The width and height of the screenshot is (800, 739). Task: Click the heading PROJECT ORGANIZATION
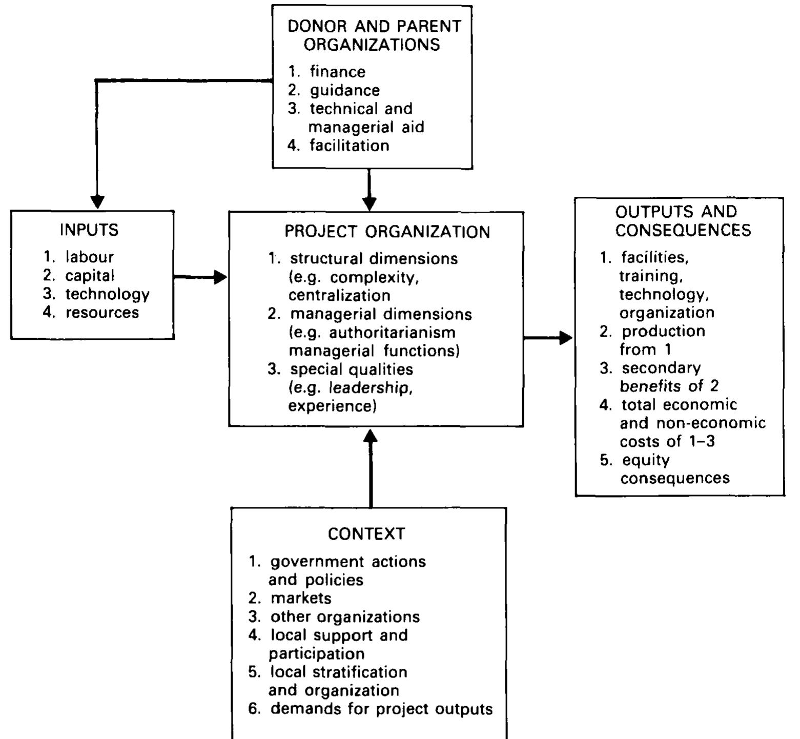(387, 232)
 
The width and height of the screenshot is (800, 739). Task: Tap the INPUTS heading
(89, 230)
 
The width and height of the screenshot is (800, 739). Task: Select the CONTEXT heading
(366, 534)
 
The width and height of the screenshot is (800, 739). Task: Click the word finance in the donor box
(337, 71)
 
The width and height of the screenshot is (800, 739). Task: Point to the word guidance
(344, 90)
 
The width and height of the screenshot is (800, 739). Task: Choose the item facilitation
(349, 146)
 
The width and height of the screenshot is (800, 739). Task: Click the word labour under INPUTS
(89, 257)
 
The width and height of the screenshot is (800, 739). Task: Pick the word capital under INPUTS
(89, 276)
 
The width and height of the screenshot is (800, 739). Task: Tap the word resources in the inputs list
(102, 313)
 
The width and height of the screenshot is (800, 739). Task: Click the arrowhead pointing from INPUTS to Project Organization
(220, 277)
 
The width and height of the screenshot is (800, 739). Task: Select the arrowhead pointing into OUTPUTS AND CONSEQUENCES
(566, 338)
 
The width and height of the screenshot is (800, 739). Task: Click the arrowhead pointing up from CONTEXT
(370, 437)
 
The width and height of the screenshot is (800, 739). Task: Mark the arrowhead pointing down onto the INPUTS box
(97, 201)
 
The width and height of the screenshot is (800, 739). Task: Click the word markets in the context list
(301, 598)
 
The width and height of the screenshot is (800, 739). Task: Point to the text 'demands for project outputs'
(381, 709)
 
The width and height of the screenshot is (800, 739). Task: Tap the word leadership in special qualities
(371, 388)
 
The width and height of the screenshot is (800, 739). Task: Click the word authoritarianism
(392, 333)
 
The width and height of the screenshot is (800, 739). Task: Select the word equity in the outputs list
(645, 460)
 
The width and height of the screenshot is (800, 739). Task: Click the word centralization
(339, 296)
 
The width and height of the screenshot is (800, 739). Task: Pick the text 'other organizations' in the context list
(345, 617)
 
